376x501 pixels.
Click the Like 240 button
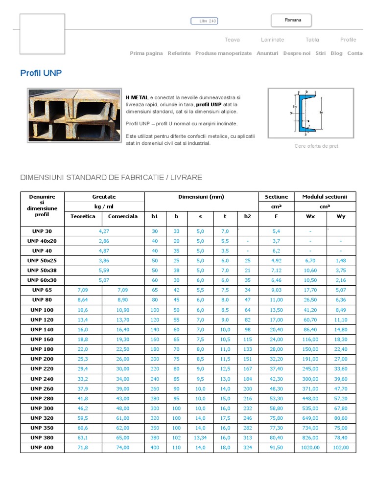tap(204, 21)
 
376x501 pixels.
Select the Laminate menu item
tap(272, 40)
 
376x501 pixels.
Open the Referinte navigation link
tap(179, 53)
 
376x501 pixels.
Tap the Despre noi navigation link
tap(297, 53)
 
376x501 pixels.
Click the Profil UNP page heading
tap(41, 73)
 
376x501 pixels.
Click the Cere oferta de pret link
tap(316, 146)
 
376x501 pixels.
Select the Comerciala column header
tap(123, 216)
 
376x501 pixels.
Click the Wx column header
tap(310, 216)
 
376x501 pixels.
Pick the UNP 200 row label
tap(43, 359)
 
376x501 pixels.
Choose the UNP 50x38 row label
tap(43, 270)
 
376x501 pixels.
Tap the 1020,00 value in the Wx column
tap(310, 448)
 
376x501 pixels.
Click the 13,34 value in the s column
tap(200, 438)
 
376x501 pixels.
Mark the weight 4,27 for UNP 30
tap(104, 231)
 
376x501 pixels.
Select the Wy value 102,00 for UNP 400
tap(341, 448)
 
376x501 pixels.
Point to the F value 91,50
tap(276, 448)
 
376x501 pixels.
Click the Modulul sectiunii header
tap(325, 197)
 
